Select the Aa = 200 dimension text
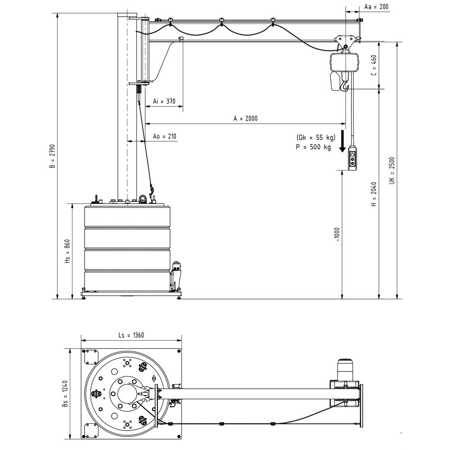click(x=376, y=7)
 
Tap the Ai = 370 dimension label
click(x=164, y=101)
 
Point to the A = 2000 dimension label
click(x=245, y=118)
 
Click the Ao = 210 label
click(x=164, y=136)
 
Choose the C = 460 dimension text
click(x=373, y=65)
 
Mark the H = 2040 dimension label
click(x=373, y=194)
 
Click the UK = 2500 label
click(x=392, y=171)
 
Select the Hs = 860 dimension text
click(x=67, y=252)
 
